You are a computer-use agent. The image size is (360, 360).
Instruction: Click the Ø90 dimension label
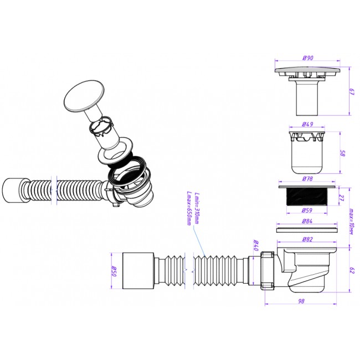coord(307,58)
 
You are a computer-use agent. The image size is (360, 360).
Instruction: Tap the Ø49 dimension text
coord(307,124)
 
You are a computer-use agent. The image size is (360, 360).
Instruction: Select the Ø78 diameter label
coord(307,178)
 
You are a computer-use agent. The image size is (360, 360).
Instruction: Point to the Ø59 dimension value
coord(307,210)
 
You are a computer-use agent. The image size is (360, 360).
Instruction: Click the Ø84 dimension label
coord(307,221)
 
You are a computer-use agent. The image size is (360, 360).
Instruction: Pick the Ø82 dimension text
coord(307,239)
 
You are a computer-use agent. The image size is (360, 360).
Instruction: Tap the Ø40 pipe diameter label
coord(256,245)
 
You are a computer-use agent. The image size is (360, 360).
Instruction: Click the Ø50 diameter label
coord(114,271)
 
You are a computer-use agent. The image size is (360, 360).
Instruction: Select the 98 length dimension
coord(301,301)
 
